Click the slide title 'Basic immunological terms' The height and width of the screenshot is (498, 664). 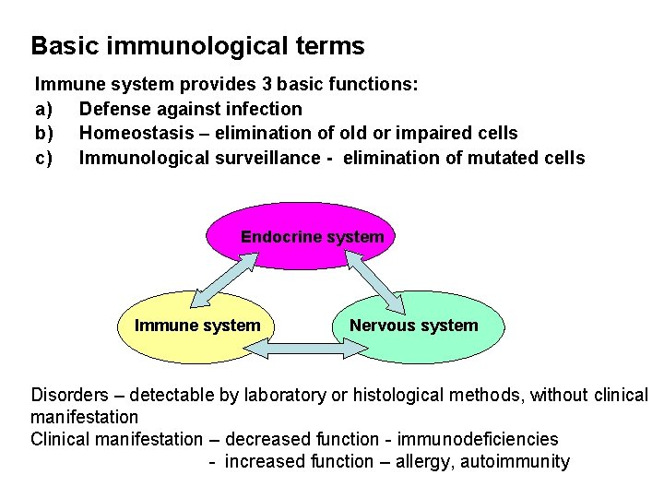coord(197,46)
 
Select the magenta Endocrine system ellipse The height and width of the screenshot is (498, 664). coord(312,237)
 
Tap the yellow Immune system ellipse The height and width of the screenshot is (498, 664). coord(197,326)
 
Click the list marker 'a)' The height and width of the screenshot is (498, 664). coord(44,109)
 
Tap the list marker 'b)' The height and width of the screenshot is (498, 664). coord(44,134)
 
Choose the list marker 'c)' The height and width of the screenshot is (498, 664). coord(44,159)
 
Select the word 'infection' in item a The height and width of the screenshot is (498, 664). coord(263,109)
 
